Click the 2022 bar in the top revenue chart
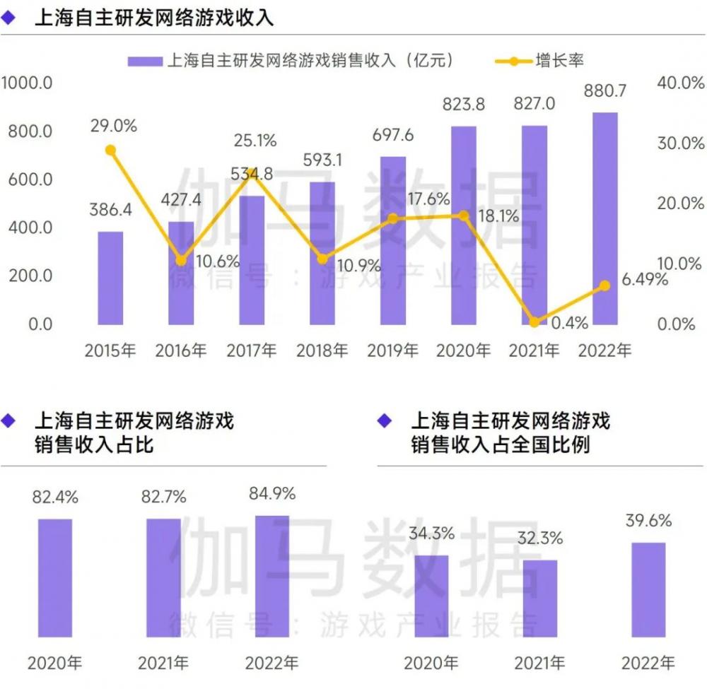click(x=604, y=218)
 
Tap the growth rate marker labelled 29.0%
click(x=110, y=150)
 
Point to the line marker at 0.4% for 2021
click(x=534, y=322)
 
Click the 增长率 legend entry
click(x=559, y=61)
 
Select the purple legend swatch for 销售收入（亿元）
click(x=145, y=61)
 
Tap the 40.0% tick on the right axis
click(x=681, y=83)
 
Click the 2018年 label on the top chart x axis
click(x=322, y=350)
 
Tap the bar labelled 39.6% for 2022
click(x=648, y=591)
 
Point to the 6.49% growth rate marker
click(x=604, y=285)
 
